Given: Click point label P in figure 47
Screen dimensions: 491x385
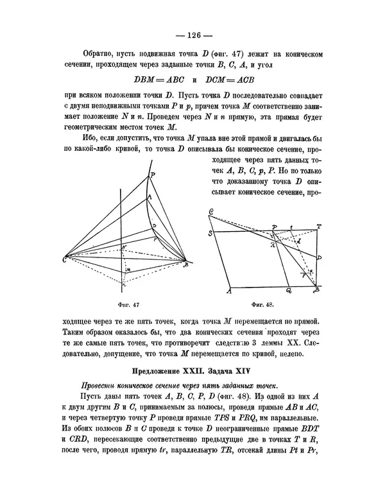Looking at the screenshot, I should pos(152,175).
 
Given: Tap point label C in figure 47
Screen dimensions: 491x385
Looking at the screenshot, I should pos(65,259).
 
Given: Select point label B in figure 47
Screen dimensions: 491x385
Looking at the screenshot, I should pos(186,264).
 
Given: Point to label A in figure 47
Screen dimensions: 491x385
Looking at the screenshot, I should pos(150,197).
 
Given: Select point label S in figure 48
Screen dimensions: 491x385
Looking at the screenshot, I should pos(211,234).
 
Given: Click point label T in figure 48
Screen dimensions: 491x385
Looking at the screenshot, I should pos(319,226).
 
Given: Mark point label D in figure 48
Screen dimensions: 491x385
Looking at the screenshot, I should pos(319,257).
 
